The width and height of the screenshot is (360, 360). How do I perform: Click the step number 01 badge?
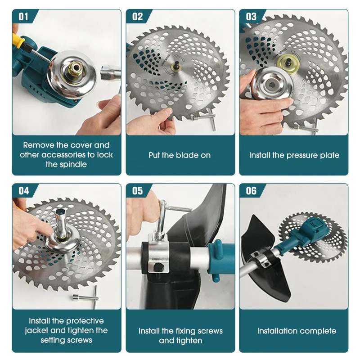tap(23, 17)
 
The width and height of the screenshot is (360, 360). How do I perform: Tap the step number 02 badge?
tap(137, 17)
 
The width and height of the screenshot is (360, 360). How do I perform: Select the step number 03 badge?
tap(251, 17)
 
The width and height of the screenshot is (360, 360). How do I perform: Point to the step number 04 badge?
tap(24, 191)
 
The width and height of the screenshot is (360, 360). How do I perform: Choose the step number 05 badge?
tap(137, 191)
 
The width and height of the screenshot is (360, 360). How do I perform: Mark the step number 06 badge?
tap(251, 191)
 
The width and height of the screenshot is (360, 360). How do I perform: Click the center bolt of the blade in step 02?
tap(176, 67)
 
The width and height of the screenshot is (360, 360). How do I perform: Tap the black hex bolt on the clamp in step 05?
tap(158, 267)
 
